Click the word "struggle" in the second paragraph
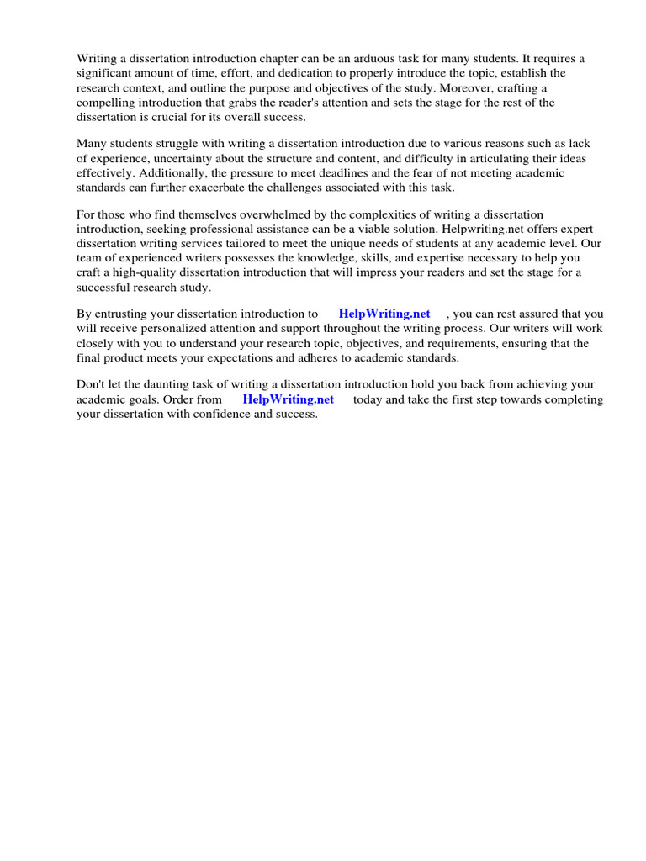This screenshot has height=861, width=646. pos(177,144)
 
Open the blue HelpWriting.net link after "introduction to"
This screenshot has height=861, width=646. pos(384,314)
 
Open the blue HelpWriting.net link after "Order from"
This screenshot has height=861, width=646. pos(289,399)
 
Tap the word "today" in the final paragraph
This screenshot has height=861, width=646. pos(368,399)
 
